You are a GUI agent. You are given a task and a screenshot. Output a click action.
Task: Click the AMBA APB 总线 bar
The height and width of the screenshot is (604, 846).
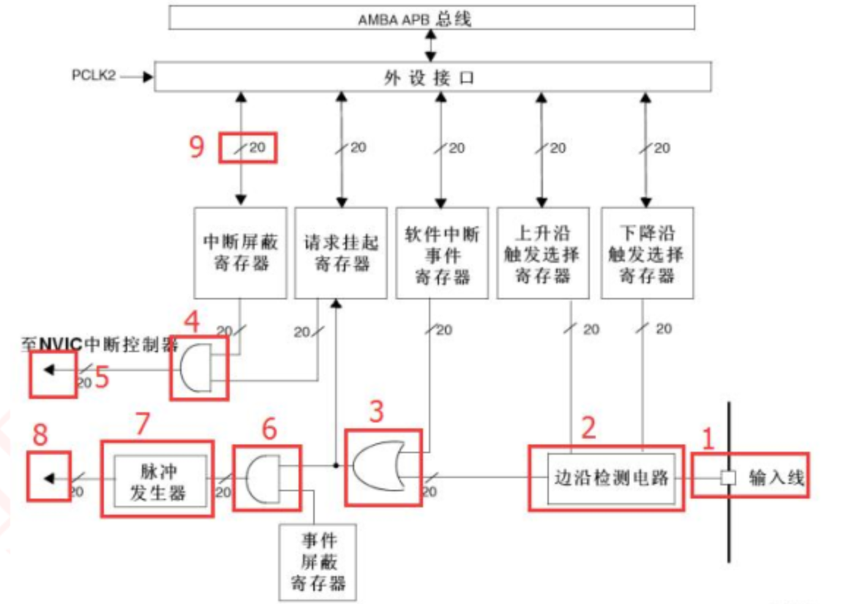431,18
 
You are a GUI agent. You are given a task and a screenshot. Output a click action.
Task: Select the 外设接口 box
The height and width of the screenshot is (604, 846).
433,77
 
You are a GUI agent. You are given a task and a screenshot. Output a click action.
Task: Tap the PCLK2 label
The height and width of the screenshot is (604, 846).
94,75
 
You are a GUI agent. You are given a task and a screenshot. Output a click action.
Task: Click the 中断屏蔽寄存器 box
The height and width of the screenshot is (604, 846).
241,253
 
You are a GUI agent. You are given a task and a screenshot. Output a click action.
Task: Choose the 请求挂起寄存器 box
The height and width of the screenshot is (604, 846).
340,253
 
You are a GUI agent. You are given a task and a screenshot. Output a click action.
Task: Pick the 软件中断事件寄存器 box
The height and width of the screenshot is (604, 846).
441,253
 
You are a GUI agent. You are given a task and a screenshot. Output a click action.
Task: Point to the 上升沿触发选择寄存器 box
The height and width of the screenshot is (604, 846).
542,253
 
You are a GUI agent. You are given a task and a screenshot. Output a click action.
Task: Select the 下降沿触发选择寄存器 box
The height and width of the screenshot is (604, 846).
645,253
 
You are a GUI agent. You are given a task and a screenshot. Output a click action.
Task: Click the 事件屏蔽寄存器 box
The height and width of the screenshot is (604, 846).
318,562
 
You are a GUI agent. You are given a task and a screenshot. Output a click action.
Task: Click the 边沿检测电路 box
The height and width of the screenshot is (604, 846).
610,478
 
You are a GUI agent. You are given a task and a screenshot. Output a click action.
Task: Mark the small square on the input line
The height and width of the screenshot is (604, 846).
728,478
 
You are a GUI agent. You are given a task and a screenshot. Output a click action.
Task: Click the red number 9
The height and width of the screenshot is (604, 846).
195,147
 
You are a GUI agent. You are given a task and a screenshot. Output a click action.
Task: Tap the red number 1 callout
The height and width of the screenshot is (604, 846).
707,439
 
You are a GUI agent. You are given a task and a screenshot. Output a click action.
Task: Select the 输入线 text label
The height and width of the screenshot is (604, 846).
776,478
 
